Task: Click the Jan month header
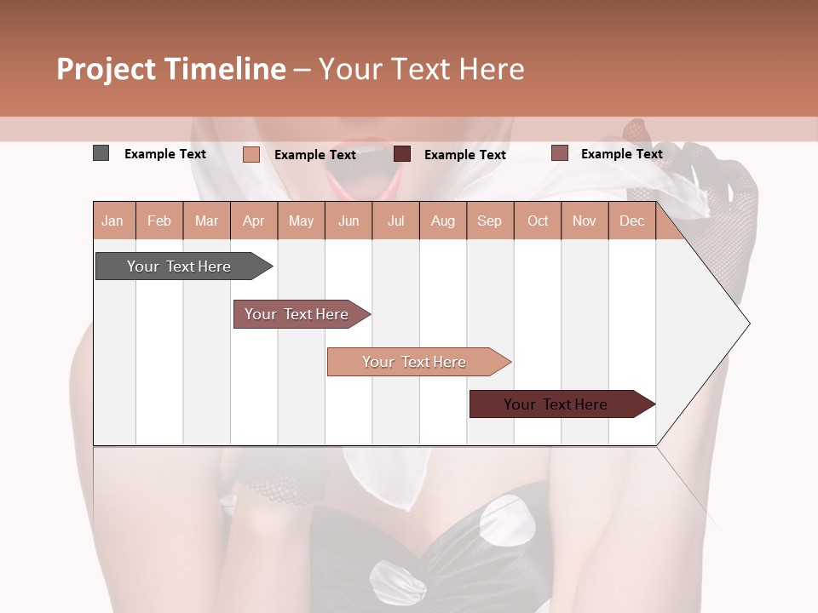tap(112, 221)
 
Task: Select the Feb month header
tap(159, 221)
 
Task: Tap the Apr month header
tap(253, 221)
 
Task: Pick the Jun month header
tap(349, 221)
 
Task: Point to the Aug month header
tap(442, 221)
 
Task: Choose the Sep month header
tap(489, 221)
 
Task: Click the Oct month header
tap(538, 221)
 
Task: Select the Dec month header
tap(631, 221)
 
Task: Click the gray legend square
tap(101, 153)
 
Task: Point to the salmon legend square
tap(251, 154)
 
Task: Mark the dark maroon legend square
tap(402, 153)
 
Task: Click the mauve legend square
tap(559, 152)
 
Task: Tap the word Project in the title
tap(107, 69)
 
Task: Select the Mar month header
tap(206, 221)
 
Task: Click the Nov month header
tap(585, 221)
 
